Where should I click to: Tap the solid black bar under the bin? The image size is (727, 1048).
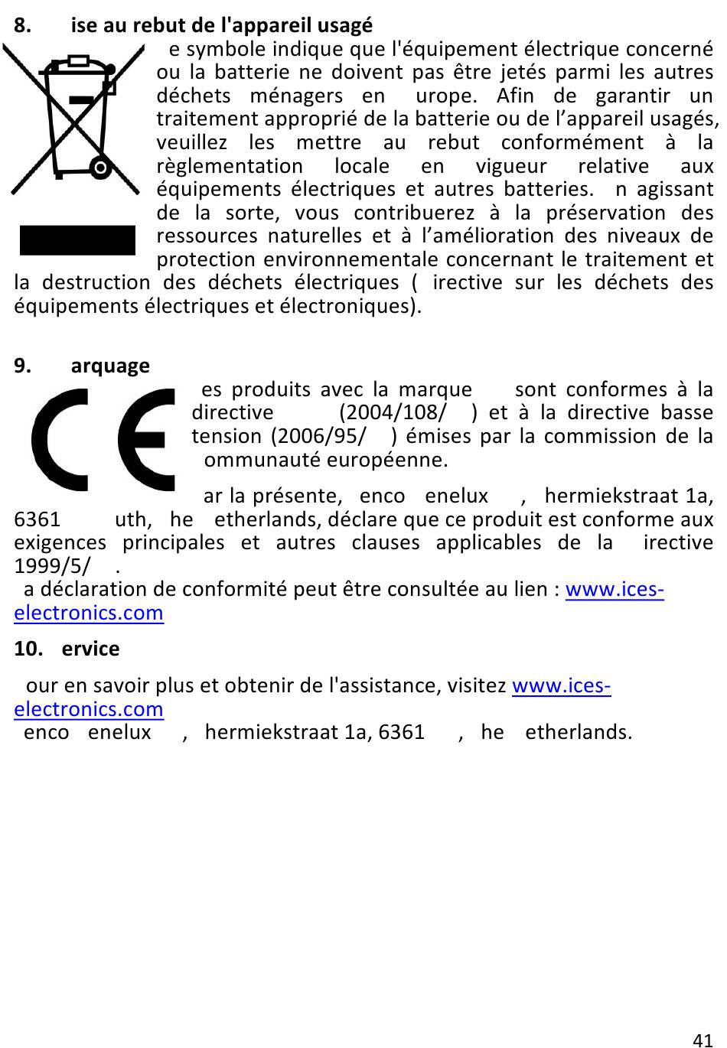pos(77,239)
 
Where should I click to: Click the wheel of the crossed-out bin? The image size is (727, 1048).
pos(99,166)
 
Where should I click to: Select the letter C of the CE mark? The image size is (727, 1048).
pos(69,439)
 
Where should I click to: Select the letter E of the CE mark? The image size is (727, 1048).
pos(148,439)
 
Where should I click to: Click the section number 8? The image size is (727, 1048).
pos(23,25)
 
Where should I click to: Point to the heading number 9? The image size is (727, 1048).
pos(23,366)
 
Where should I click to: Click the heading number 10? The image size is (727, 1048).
pos(28,649)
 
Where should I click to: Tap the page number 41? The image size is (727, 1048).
pos(702,1040)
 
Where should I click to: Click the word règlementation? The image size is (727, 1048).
pos(230,166)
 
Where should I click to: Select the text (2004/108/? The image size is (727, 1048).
pos(393,413)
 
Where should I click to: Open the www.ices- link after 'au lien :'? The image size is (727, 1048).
pos(614,590)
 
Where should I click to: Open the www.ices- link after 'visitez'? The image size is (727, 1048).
pos(561,685)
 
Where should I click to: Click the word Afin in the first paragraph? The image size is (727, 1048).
pos(515,96)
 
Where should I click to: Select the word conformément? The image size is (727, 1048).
pos(572,142)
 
